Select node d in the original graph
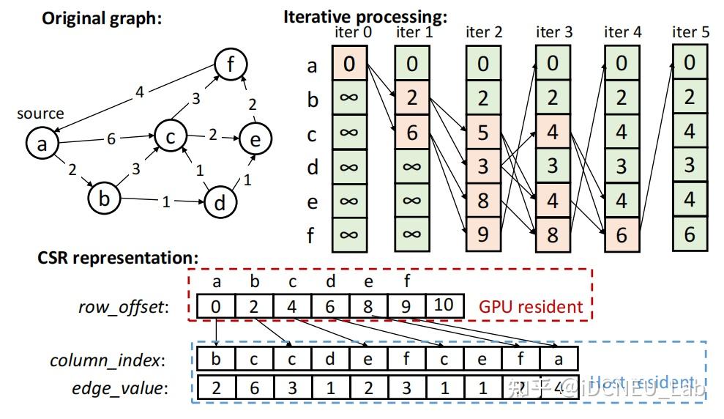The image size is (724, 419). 220,203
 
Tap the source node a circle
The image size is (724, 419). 42,144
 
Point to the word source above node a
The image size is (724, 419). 40,114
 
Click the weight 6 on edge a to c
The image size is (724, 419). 111,138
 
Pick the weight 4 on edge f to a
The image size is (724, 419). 139,92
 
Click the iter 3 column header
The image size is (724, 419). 554,32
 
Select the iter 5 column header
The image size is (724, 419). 690,32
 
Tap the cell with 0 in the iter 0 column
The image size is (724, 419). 349,64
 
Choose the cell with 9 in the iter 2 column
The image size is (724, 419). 482,235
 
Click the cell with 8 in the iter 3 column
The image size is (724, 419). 553,235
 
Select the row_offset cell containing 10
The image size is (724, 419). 444,306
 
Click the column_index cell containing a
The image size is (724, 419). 559,359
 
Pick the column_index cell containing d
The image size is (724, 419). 330,359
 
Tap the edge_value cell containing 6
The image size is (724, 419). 254,388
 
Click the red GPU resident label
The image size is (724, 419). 531,306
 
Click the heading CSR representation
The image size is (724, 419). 118,258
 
